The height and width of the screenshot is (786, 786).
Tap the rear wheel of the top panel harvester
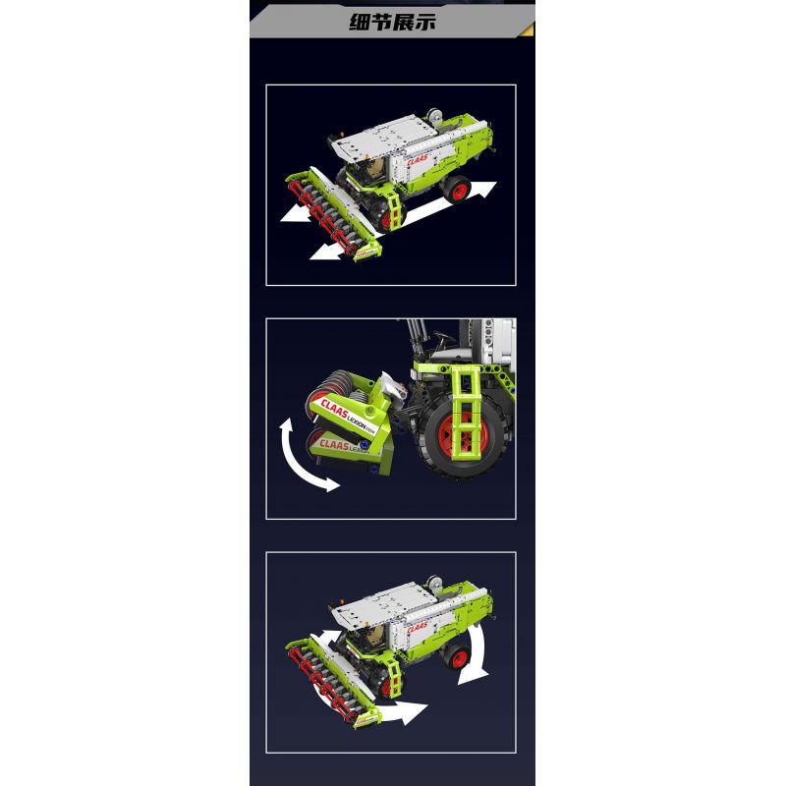pyautogui.click(x=458, y=188)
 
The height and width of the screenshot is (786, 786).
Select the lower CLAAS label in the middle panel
pyautogui.click(x=338, y=447)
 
